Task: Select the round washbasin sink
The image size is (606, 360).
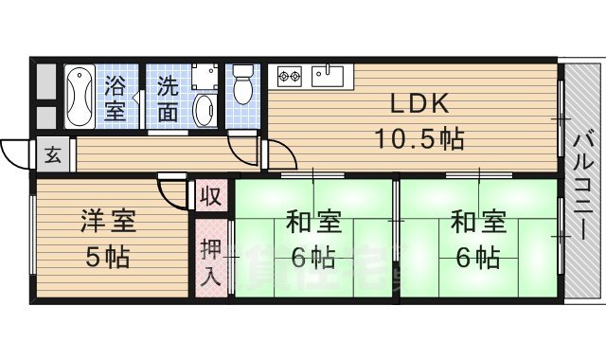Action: point(204,111)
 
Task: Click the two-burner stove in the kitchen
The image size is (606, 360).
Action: point(290,74)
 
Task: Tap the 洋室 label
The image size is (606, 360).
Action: point(106,222)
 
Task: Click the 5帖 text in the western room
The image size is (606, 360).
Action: point(106,256)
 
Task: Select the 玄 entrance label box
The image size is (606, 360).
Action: point(52,154)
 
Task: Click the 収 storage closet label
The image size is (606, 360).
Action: point(211,197)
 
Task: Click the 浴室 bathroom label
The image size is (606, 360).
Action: point(116,97)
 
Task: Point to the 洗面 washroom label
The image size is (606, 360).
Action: point(167,97)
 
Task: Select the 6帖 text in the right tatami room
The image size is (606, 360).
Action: point(475,257)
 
